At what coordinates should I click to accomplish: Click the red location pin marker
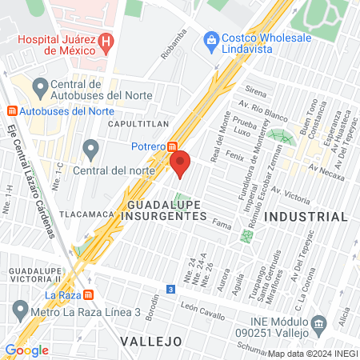[180, 163]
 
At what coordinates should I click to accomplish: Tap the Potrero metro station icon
[172, 146]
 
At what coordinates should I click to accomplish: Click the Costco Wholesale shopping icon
[212, 39]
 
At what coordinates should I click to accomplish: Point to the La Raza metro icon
[88, 294]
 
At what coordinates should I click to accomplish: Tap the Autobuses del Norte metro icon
[10, 110]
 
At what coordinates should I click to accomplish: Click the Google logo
[27, 350]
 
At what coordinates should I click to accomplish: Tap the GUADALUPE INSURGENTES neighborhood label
[166, 210]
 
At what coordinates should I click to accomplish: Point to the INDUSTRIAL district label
[306, 217]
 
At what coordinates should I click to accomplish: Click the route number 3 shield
[170, 289]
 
